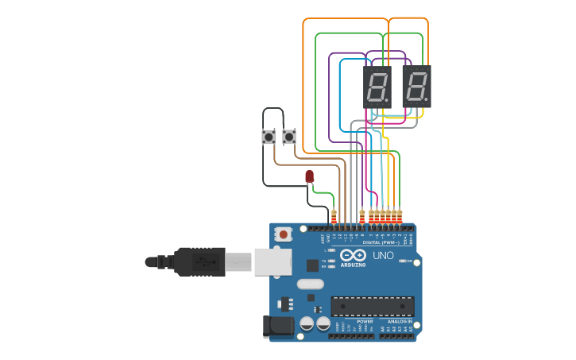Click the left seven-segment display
pyautogui.click(x=377, y=86)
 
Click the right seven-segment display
pyautogui.click(x=417, y=86)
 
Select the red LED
pyautogui.click(x=309, y=176)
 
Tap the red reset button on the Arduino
pyautogui.click(x=284, y=234)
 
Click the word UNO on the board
pyautogui.click(x=384, y=256)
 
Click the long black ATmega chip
pyautogui.click(x=373, y=305)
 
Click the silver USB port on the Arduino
pyautogui.click(x=273, y=261)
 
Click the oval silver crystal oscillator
pyautogui.click(x=311, y=284)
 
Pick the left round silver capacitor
pyautogui.click(x=307, y=323)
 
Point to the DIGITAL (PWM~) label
pyautogui.click(x=382, y=242)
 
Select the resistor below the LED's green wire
pyautogui.click(x=334, y=215)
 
